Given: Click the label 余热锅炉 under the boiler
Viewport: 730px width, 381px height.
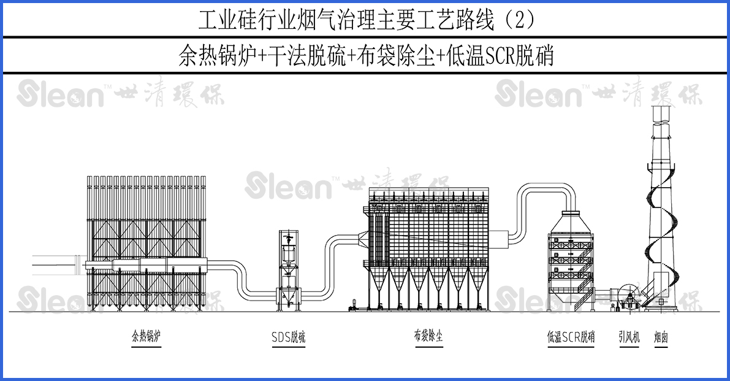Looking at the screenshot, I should [146, 336].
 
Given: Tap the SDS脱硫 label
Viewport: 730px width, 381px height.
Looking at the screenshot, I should [288, 337].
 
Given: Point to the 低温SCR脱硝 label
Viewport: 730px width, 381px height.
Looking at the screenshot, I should [571, 337].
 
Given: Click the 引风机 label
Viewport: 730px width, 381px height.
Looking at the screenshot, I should [629, 337].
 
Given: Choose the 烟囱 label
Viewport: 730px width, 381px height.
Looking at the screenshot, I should [660, 337].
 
